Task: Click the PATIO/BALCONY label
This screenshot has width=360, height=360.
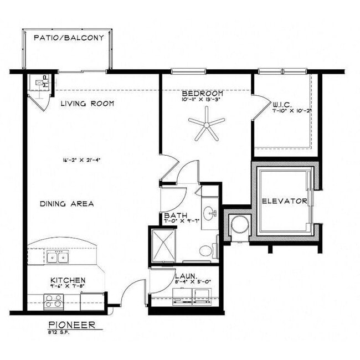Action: (x=69, y=38)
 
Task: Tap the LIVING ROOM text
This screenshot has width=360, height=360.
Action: (x=87, y=104)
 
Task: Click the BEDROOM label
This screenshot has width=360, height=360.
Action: (x=203, y=93)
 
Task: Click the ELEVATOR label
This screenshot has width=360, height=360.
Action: (x=284, y=201)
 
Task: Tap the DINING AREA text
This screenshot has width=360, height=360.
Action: (x=66, y=204)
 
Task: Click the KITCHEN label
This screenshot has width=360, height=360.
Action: (x=68, y=280)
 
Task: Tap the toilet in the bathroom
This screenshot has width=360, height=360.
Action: (x=207, y=251)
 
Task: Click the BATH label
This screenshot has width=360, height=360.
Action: (x=175, y=215)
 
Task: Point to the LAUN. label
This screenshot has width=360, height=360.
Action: (x=183, y=275)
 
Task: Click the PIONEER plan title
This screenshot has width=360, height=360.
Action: (x=71, y=325)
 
